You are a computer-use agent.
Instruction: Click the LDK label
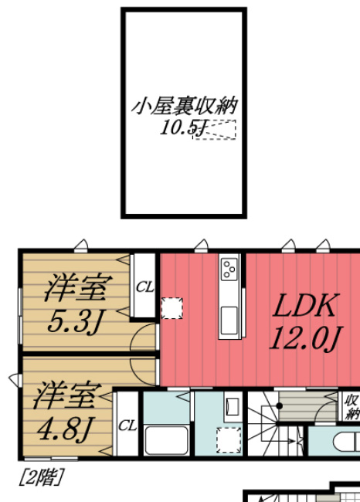coord(304,307)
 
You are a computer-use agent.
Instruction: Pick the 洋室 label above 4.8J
coord(64,395)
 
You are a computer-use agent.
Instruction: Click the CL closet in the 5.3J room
coord(144,287)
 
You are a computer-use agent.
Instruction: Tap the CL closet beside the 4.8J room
coord(127,426)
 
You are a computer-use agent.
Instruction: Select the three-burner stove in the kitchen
coord(230,269)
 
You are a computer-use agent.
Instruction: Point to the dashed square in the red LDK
coord(172,308)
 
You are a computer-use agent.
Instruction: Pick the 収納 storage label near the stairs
coord(352,407)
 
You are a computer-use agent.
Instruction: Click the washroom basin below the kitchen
coord(232,406)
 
